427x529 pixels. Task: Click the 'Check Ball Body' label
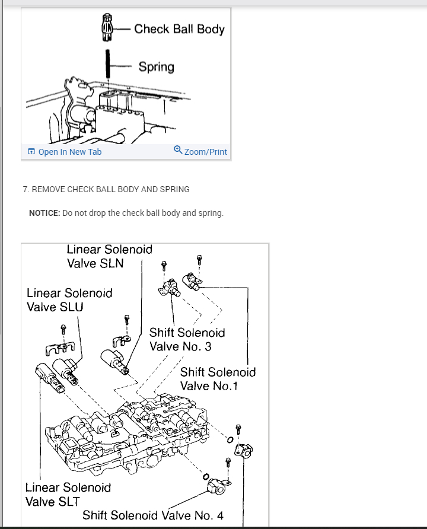[179, 28]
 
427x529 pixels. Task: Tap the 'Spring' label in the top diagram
[157, 66]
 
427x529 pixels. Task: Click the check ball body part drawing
[107, 28]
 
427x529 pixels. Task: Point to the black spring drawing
[108, 65]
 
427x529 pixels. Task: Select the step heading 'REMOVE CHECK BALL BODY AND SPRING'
[110, 189]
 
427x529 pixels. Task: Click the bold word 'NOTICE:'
[44, 213]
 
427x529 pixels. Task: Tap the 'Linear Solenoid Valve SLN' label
[109, 256]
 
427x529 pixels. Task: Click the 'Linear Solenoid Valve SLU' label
[69, 299]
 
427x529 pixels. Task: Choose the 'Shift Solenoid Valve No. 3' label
[187, 340]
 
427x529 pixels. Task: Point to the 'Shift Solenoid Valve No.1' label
[218, 379]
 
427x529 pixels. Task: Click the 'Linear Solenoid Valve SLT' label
[68, 495]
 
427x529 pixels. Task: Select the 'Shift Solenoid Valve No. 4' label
[153, 515]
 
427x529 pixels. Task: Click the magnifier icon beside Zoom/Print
[178, 151]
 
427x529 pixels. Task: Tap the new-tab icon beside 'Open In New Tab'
[31, 152]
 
